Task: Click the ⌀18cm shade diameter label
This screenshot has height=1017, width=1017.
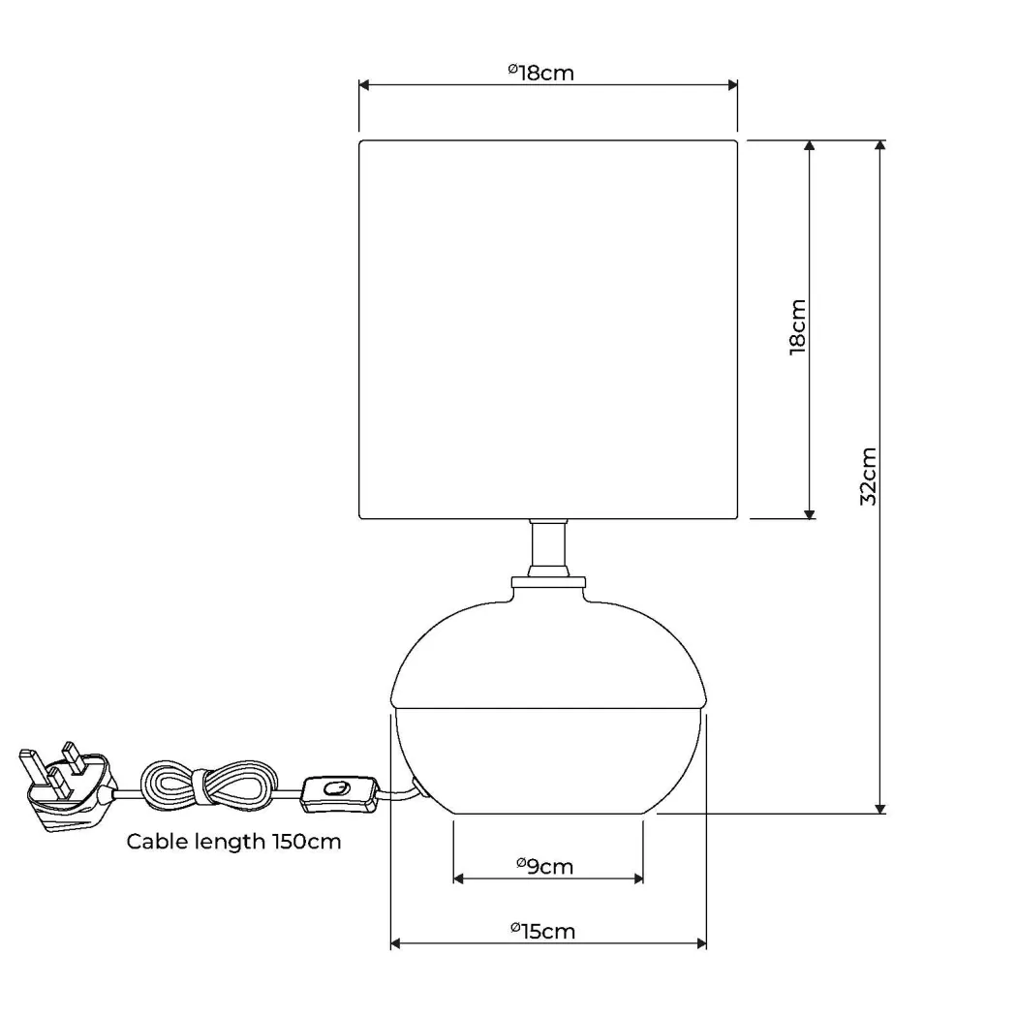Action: click(540, 73)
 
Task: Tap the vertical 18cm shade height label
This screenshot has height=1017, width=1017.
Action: click(798, 327)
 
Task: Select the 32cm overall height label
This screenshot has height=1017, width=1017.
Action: click(868, 477)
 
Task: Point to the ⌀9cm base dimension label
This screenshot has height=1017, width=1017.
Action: click(544, 867)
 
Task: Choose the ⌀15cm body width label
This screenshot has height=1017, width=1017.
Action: click(542, 932)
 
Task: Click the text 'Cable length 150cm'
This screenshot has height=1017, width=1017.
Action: click(233, 842)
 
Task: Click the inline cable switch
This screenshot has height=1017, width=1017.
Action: click(339, 794)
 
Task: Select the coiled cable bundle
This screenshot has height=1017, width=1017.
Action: click(205, 786)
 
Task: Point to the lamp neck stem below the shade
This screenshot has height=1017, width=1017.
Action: click(548, 548)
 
